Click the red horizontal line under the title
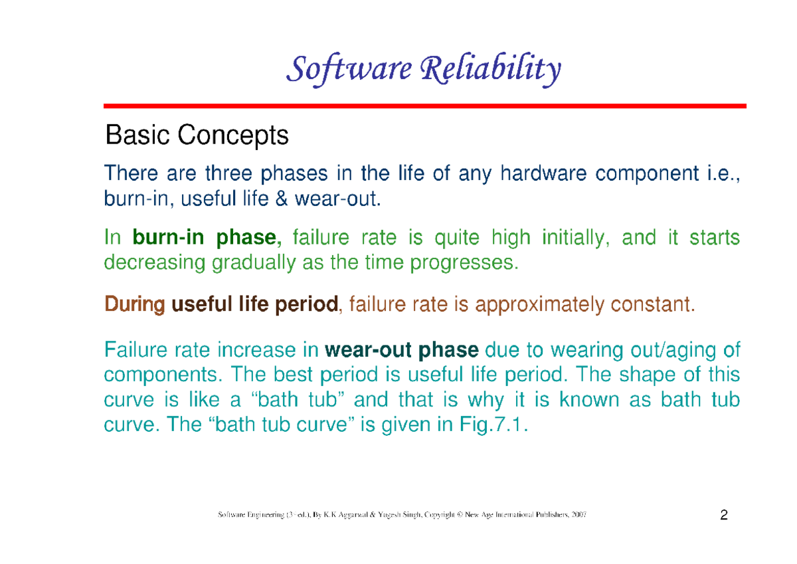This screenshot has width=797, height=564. pos(425,106)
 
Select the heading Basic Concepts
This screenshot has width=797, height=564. pos(197,136)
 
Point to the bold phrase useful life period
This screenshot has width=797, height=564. pos(255,306)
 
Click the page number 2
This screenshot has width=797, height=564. pos(723,516)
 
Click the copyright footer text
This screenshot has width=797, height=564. pos(402,516)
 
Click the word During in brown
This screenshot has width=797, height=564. pos(135,306)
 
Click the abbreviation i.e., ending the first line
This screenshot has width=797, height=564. pos(719,174)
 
